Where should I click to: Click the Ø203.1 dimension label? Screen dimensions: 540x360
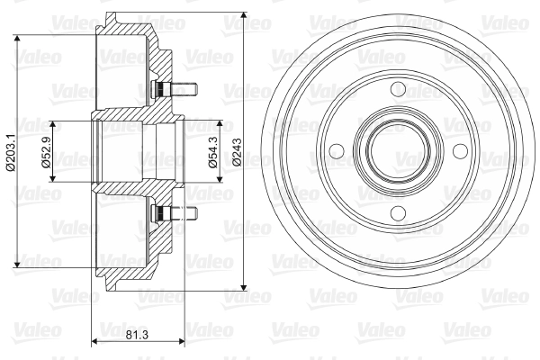tap(11, 151)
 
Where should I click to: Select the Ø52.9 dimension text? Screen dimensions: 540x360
tap(46, 152)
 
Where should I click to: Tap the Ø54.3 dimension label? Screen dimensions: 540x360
tap(212, 152)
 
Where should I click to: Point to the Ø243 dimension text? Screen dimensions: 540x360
tap(237, 152)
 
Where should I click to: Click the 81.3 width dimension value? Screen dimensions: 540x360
tap(137, 334)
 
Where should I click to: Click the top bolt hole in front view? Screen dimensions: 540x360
tap(399, 89)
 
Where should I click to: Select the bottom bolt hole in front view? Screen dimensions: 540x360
tap(399, 213)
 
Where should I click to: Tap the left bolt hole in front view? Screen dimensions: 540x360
tap(337, 151)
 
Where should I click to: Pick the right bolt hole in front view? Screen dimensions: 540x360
tap(460, 151)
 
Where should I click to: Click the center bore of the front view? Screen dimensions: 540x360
tap(399, 151)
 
